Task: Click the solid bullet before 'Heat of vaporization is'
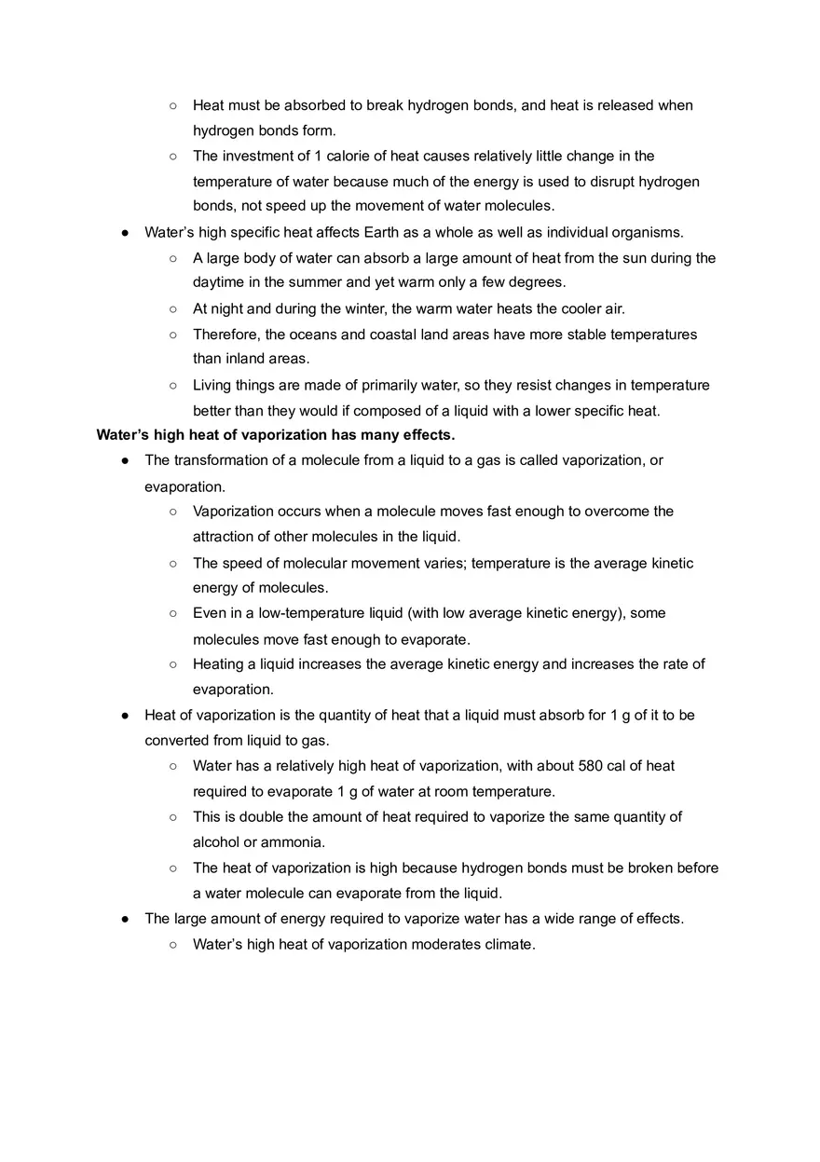124,716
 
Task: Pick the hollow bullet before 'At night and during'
173,308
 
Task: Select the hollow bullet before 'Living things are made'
173,385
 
